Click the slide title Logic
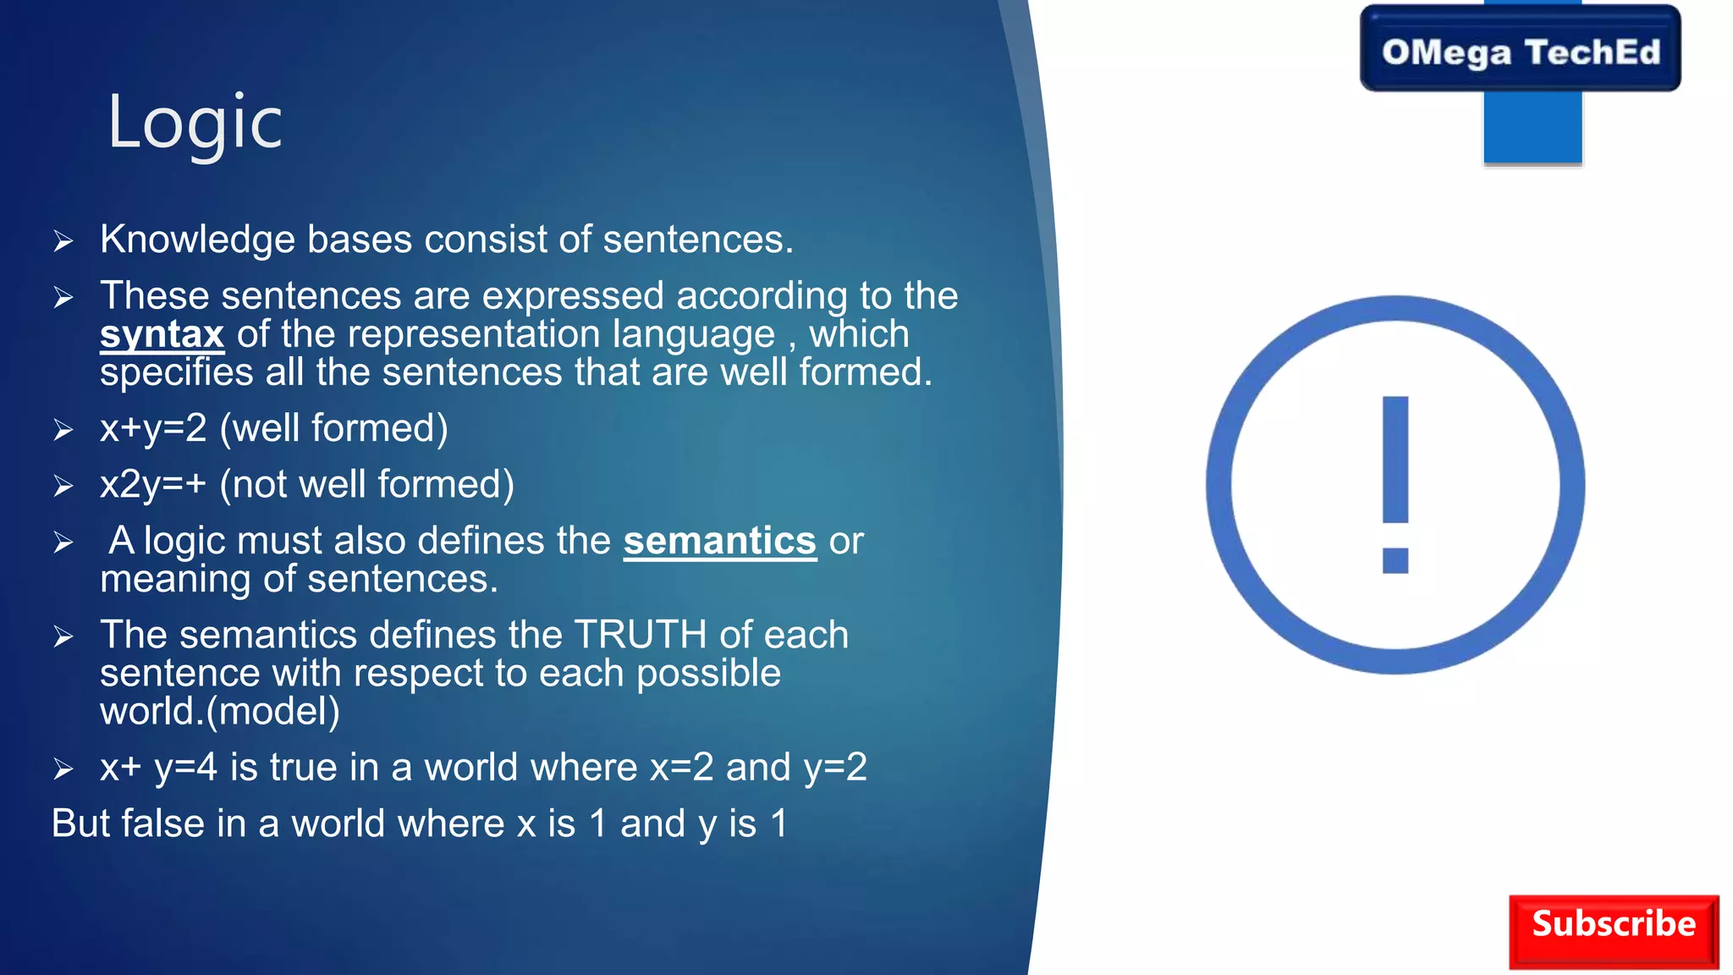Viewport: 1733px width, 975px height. (195, 124)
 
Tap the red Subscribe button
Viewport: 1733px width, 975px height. (1613, 930)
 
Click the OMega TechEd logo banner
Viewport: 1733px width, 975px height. (1520, 51)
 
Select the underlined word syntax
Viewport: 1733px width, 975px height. (162, 334)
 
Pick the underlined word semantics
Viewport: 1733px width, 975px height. (719, 541)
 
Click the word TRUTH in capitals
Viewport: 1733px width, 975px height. (640, 635)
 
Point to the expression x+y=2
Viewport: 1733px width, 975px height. (153, 428)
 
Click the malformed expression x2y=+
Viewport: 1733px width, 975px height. (153, 485)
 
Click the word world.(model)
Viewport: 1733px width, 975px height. (220, 711)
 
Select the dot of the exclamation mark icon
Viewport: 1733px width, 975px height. (1395, 560)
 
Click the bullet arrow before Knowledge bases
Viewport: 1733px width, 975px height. (63, 241)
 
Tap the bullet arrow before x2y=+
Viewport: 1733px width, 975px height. (63, 486)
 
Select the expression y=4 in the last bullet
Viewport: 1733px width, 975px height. (185, 768)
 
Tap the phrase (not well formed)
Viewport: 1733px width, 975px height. (366, 485)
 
